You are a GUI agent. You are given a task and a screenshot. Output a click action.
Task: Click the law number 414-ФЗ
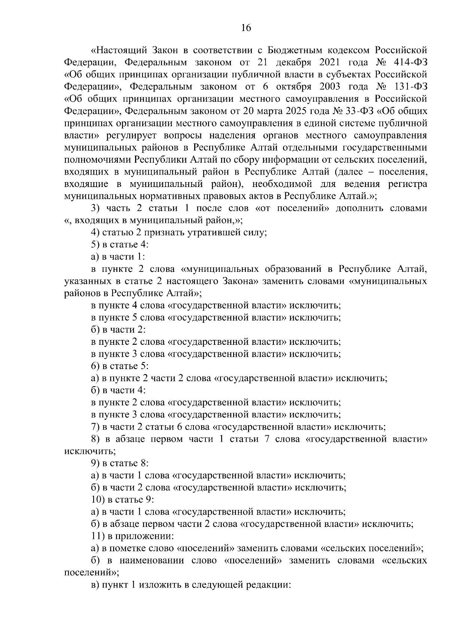pyautogui.click(x=410, y=62)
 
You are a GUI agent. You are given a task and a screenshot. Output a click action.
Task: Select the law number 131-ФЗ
pyautogui.click(x=411, y=87)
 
